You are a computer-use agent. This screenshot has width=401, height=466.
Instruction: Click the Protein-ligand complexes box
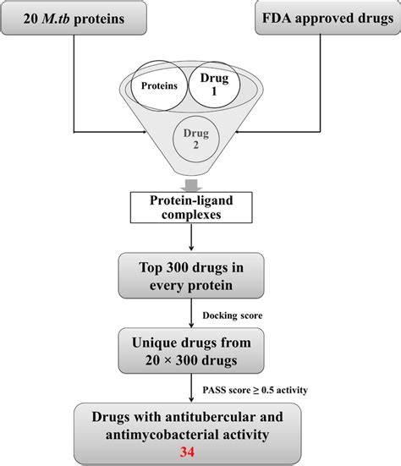tap(200, 206)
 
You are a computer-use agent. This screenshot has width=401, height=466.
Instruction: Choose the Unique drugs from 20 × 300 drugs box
tap(200, 353)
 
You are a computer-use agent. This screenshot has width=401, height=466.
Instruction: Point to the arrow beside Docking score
tap(200, 315)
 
